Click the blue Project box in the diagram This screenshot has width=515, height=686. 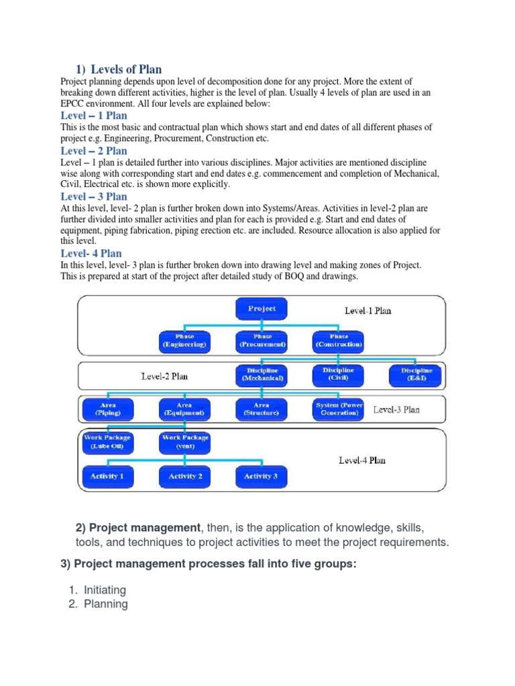[x=262, y=309]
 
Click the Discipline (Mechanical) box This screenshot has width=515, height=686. [x=262, y=374]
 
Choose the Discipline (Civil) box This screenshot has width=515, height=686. [x=339, y=374]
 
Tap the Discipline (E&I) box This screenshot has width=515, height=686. [x=416, y=374]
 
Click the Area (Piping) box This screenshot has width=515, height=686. [x=107, y=409]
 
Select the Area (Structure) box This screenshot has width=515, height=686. [x=262, y=409]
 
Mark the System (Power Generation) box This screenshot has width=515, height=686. [x=339, y=409]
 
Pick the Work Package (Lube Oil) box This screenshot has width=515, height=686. [x=107, y=441]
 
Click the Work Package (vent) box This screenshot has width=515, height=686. [x=184, y=441]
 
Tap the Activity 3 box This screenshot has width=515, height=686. [x=262, y=476]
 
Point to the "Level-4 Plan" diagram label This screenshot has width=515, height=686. [x=363, y=460]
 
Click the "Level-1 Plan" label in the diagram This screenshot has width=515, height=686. [x=368, y=310]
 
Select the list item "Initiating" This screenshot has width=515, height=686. [x=105, y=590]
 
